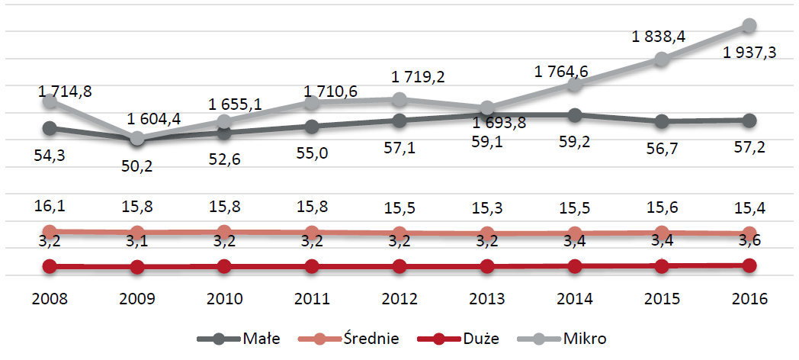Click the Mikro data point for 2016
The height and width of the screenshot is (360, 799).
(749, 26)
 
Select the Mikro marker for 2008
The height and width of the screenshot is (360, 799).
(50, 101)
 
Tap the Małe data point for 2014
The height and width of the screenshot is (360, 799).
(575, 115)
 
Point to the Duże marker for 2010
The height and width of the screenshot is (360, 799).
(224, 266)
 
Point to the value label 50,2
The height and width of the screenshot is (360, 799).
(136, 166)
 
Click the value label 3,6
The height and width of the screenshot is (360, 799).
(749, 242)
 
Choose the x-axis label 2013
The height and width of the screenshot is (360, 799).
(486, 297)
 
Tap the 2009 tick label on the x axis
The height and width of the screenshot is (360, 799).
(137, 297)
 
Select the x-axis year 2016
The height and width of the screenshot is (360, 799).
(749, 297)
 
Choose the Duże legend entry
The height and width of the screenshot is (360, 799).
(454, 338)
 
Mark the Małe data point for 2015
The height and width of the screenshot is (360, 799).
(662, 121)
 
